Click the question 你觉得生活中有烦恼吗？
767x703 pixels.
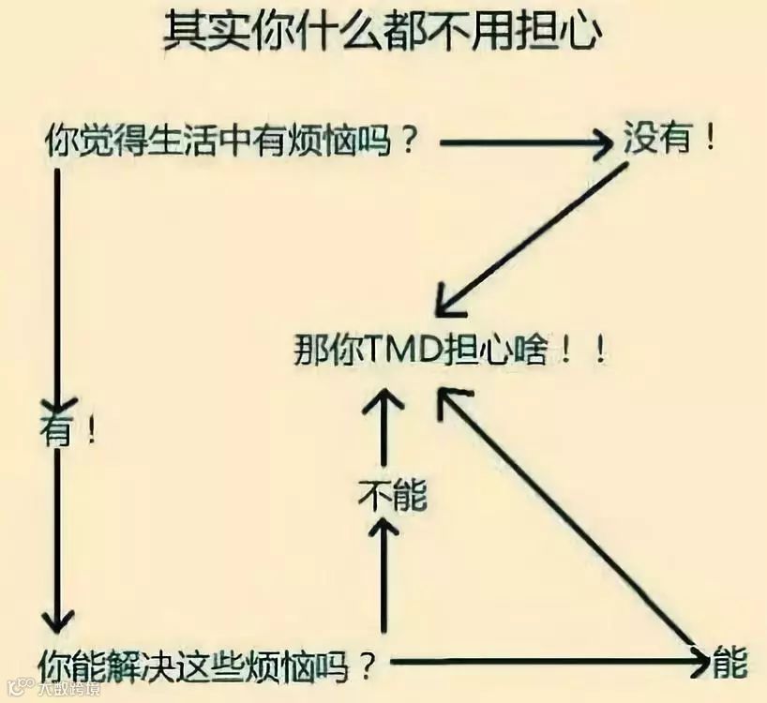coord(231,142)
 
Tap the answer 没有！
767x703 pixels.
coord(671,141)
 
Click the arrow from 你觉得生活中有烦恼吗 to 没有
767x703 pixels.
coord(525,142)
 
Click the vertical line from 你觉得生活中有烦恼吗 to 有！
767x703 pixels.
coord(58,281)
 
